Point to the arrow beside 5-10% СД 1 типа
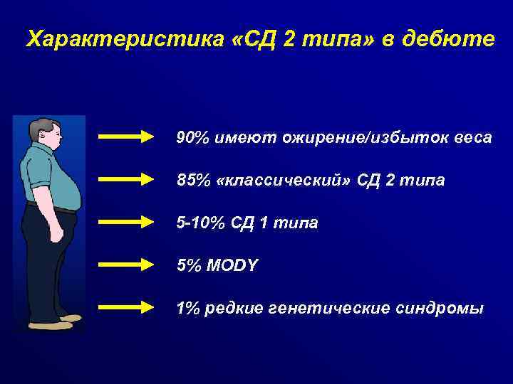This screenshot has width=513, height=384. [126, 223]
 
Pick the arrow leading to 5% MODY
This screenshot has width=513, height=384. [126, 265]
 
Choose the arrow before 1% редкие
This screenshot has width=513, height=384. [126, 308]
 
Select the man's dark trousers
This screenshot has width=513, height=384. [46, 256]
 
